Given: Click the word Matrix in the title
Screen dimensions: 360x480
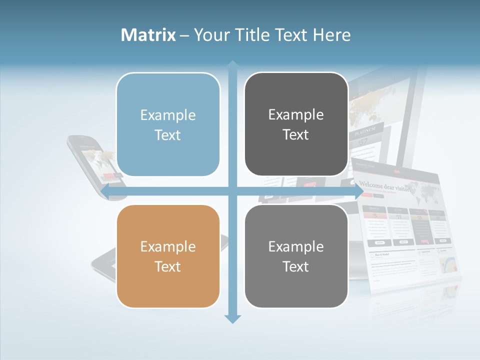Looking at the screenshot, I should coord(148,35).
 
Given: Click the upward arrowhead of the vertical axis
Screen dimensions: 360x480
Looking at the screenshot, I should coord(232,64).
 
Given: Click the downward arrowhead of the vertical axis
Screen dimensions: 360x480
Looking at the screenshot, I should coord(232,318).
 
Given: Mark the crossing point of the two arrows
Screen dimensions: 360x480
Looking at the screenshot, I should coord(232,191).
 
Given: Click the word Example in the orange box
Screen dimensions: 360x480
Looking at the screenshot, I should coord(168,246).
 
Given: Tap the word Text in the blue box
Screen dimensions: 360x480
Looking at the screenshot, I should coord(168,135).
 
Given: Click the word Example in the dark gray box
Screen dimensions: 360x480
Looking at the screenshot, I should coord(296,115).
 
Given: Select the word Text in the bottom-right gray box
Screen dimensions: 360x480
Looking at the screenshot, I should coord(296,266).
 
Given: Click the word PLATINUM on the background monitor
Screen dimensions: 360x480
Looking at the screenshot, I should coord(365,133).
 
